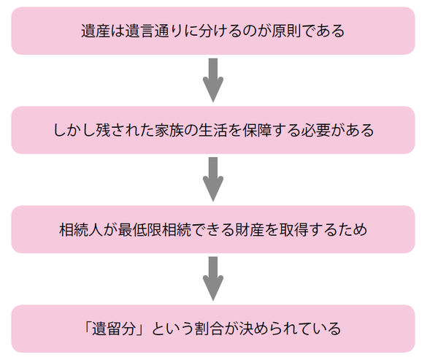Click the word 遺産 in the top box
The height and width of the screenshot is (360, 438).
tap(97, 32)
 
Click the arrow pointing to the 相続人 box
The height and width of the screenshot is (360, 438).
tap(212, 179)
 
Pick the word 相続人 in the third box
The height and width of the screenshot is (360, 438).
tap(82, 230)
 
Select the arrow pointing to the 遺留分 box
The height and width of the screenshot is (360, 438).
tap(212, 278)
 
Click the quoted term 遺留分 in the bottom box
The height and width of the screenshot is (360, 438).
tap(123, 329)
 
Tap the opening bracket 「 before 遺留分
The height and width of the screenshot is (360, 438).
tap(93, 329)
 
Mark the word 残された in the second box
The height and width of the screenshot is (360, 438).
tap(123, 131)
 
